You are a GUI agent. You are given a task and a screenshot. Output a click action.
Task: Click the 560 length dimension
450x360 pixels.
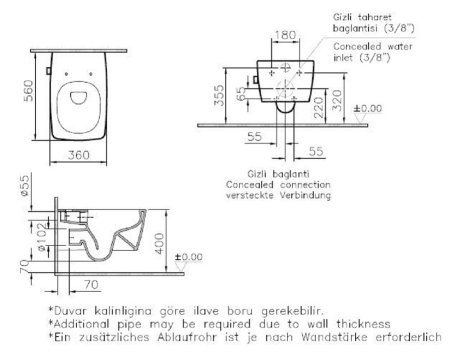pyautogui.click(x=29, y=91)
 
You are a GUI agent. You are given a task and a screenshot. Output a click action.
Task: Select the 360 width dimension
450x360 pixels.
pyautogui.click(x=79, y=155)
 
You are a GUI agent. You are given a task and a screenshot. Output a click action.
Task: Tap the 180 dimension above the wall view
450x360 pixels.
pyautogui.click(x=286, y=35)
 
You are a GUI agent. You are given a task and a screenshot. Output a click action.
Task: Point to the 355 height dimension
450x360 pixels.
pyautogui.click(x=219, y=95)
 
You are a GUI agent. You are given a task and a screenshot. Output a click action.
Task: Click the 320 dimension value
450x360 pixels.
pyautogui.click(x=337, y=100)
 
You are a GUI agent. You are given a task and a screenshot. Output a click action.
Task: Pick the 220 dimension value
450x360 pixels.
pyautogui.click(x=319, y=107)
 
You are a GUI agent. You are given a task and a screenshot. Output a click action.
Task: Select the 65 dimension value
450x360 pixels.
pyautogui.click(x=241, y=94)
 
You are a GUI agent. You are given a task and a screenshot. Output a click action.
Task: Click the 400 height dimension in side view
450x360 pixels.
pyautogui.click(x=160, y=243)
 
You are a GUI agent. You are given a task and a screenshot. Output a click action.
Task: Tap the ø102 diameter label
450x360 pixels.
pyautogui.click(x=42, y=237)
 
